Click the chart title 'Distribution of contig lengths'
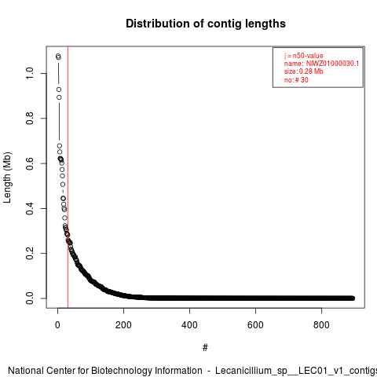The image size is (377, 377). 206,24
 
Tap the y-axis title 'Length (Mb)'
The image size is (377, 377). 7,178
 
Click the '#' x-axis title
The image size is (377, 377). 205,348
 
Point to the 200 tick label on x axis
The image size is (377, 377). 123,325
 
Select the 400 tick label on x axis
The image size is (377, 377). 189,325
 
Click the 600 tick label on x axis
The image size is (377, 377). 255,325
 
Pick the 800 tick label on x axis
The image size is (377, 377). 321,325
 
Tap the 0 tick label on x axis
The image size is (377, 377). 57,325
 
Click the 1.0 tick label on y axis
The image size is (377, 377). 30,73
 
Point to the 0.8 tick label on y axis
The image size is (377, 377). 30,119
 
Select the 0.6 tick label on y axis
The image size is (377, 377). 30,163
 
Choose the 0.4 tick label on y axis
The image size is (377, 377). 30,208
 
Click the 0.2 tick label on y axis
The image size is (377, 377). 30,253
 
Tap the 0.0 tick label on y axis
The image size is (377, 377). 30,298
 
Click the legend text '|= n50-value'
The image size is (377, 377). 304,56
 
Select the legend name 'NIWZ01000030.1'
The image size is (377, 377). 332,64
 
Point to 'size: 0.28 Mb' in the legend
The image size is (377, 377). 304,71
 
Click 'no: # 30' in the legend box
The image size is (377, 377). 296,80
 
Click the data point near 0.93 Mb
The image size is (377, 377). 59,90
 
